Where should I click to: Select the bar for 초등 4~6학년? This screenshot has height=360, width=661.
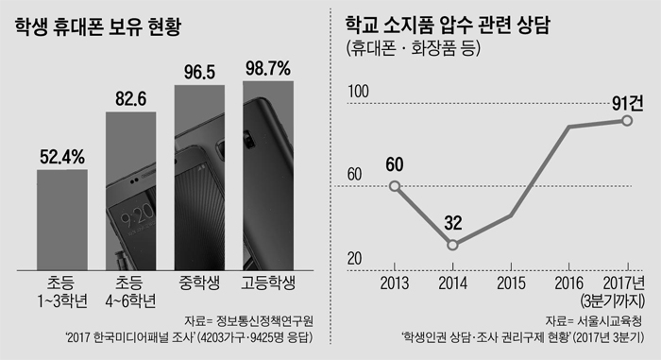[131, 189]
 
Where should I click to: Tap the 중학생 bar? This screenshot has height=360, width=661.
[201, 175]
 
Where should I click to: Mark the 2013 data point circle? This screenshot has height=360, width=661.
[395, 185]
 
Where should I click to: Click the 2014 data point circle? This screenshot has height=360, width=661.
[454, 245]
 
